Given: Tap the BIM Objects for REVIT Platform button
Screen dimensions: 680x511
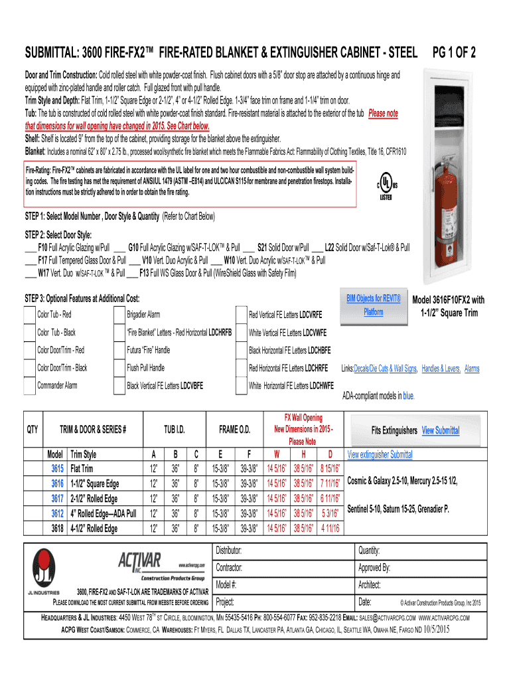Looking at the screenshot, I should point(374,305).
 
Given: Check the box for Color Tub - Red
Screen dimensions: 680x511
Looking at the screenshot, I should point(29,314).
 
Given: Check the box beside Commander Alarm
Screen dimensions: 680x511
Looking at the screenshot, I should point(29,386).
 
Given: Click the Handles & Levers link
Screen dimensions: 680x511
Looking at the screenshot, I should point(441,369).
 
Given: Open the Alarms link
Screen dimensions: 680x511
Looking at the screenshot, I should point(472,369).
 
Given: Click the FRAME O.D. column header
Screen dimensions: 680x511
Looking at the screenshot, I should point(235,430).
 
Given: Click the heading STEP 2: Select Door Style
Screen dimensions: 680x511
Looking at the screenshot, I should point(58,234).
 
